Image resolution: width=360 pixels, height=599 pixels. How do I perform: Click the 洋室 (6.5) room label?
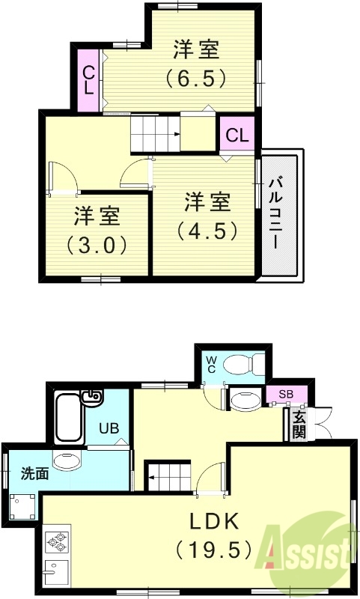click(x=196, y=63)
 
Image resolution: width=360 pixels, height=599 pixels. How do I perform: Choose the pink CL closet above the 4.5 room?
click(x=237, y=136)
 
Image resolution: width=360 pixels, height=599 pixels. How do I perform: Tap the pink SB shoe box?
click(x=286, y=394)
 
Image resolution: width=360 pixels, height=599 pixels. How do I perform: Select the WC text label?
click(x=212, y=365)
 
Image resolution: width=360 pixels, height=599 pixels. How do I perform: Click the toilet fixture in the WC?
click(x=244, y=364)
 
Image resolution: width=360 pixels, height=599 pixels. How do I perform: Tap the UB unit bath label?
click(x=109, y=430)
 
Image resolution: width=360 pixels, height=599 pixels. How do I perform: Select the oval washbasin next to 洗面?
click(x=68, y=461)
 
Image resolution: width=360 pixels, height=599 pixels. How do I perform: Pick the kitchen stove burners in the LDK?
click(x=56, y=541)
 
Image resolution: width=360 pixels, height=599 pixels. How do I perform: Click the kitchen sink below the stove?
click(x=55, y=572)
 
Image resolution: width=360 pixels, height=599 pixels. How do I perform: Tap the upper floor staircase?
click(x=156, y=135)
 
